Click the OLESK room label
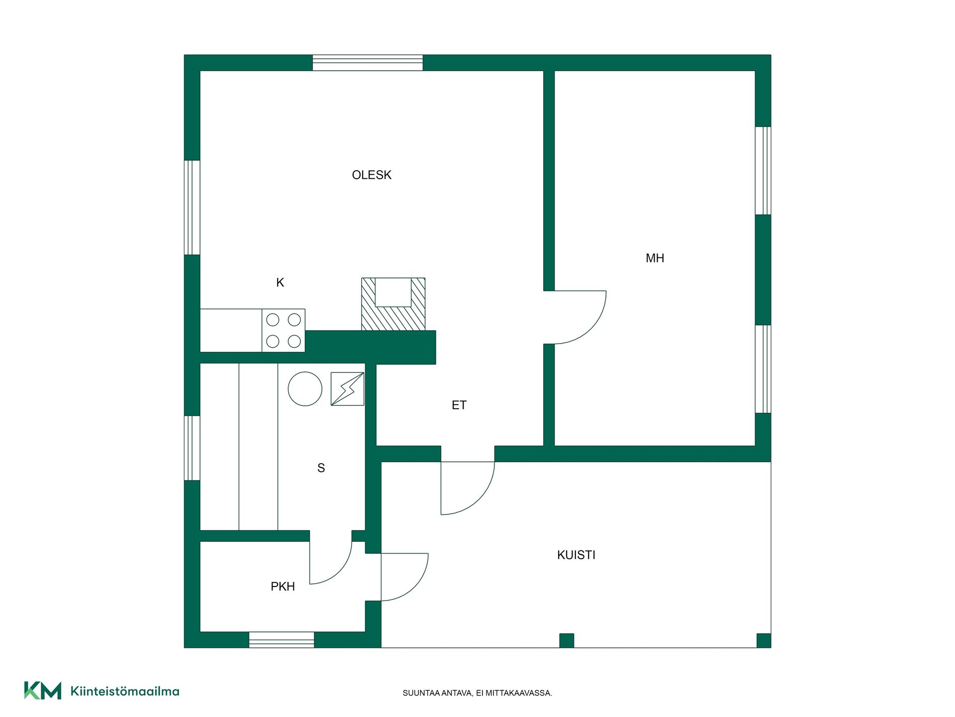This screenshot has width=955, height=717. click(372, 175)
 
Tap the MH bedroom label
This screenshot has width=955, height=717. click(655, 258)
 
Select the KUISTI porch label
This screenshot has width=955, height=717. click(576, 555)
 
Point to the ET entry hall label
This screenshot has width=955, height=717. click(459, 405)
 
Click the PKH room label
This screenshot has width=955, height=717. click(283, 587)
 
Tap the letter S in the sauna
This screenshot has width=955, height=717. click(321, 468)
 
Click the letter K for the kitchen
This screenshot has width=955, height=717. click(280, 283)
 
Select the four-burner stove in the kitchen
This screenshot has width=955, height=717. click(284, 331)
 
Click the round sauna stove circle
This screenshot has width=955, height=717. click(305, 389)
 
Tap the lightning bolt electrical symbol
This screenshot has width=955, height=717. click(347, 389)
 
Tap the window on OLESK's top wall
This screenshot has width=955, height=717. click(368, 63)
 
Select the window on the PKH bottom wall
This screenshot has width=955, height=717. click(282, 640)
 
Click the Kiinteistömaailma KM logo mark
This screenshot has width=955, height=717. click(43, 691)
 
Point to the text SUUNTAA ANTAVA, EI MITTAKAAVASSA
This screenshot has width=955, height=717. click(477, 693)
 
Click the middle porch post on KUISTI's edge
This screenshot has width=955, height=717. click(567, 640)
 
